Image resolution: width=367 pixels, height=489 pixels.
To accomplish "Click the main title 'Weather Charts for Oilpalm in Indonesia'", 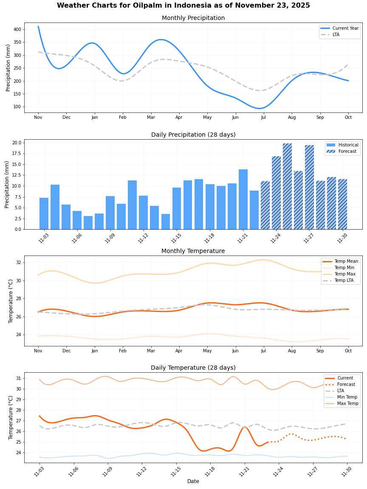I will click(183, 6).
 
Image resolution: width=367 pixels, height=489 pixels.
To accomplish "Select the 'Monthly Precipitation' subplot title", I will click(193, 18).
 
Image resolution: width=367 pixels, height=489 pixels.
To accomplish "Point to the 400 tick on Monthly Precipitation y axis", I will click(17, 29).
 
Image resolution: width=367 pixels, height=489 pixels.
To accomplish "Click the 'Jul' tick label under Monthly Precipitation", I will click(264, 117).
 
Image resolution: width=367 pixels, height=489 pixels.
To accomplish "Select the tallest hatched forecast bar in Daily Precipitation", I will click(288, 186).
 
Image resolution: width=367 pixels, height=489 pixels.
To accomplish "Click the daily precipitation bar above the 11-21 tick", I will click(243, 200).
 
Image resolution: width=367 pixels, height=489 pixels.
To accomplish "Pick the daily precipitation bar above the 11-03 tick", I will click(44, 214).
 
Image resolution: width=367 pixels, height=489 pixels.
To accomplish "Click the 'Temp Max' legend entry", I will click(344, 274).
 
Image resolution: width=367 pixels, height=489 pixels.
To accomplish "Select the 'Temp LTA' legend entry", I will click(344, 281).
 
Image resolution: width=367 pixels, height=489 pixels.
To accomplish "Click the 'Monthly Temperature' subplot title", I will click(193, 251).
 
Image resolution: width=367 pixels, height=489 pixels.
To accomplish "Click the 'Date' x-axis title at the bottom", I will click(193, 481).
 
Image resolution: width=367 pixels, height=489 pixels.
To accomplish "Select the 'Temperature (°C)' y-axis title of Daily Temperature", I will click(11, 418).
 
